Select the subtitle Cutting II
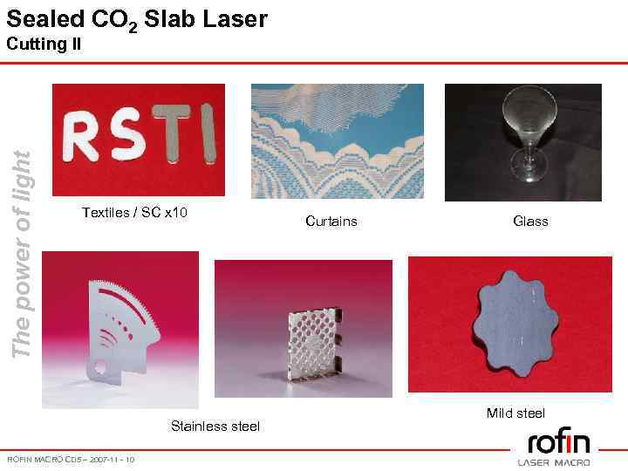click(x=44, y=44)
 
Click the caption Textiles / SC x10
click(x=134, y=213)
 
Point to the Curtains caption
click(x=331, y=222)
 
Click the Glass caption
click(x=530, y=222)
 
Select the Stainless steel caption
click(x=215, y=427)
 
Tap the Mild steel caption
click(x=515, y=413)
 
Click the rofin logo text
click(x=558, y=441)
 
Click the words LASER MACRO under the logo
click(x=554, y=461)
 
